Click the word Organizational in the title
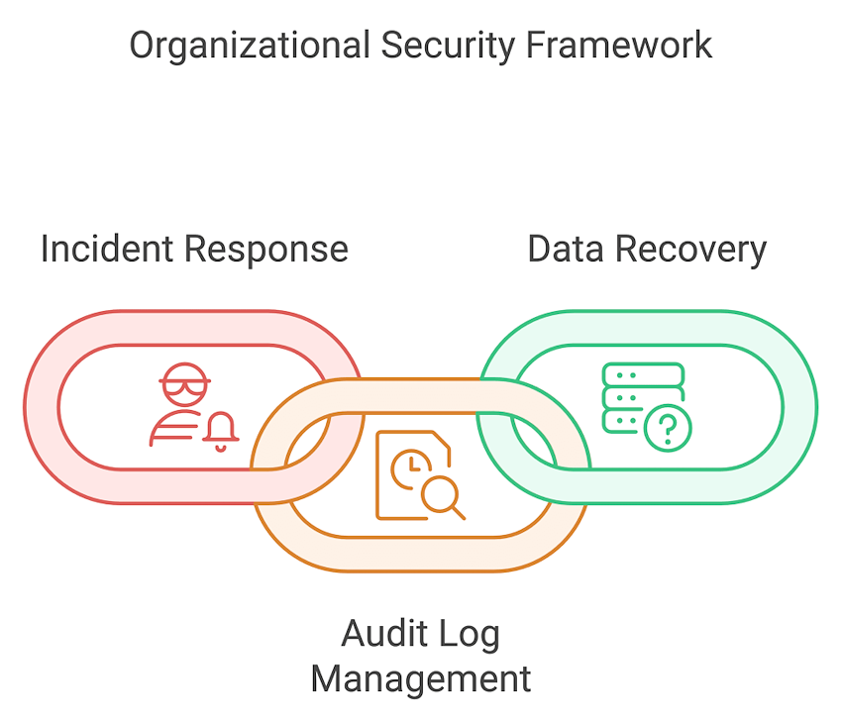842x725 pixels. [x=241, y=46]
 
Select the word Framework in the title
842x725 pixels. [x=619, y=46]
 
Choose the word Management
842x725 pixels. [x=421, y=679]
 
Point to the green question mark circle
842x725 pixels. [x=668, y=428]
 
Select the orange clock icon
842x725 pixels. [x=408, y=468]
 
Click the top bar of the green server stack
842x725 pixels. [x=643, y=373]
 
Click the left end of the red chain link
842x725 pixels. [x=41, y=407]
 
